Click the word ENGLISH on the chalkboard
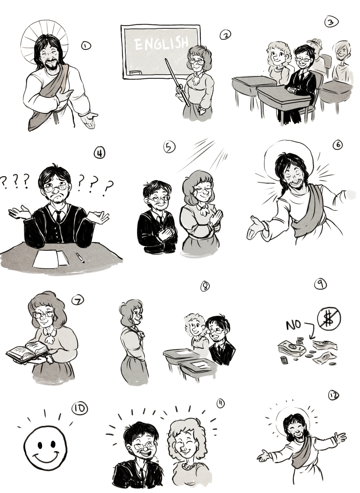tap(162, 43)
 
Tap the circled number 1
tap(86, 46)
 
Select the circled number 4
tap(99, 153)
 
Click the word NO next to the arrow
tap(293, 325)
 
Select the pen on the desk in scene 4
tap(80, 257)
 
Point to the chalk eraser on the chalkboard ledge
tap(135, 72)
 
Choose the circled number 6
tap(338, 145)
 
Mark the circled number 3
tap(331, 22)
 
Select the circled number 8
tap(205, 286)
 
